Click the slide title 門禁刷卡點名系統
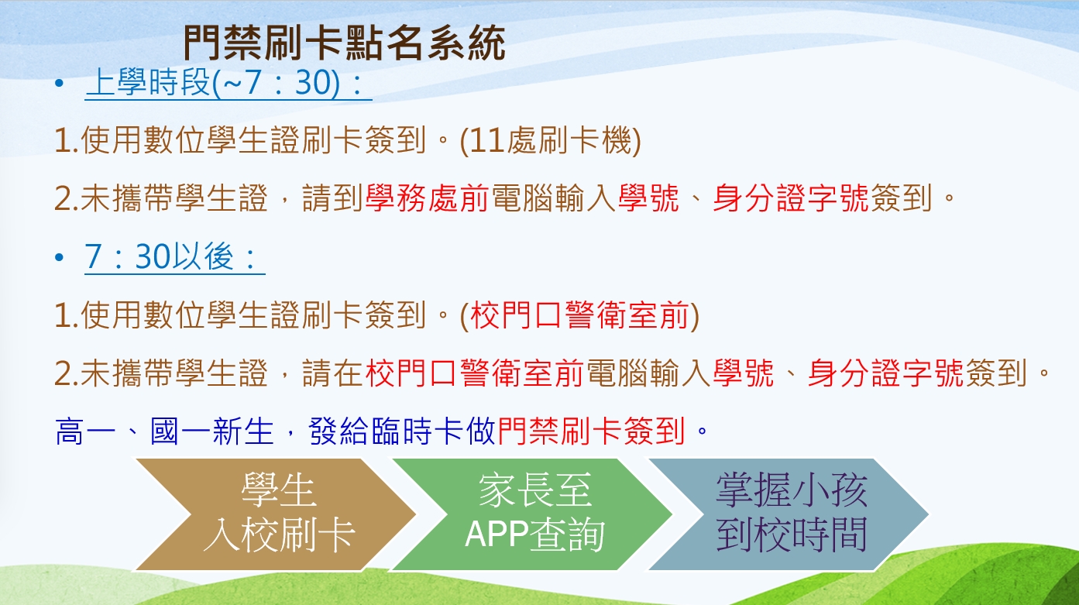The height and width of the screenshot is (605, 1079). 344,43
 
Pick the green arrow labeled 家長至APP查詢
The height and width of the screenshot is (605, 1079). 532,514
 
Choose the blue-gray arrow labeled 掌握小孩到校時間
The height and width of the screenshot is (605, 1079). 790,514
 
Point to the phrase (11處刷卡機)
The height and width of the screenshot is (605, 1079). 551,141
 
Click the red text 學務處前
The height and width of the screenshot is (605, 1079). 427,198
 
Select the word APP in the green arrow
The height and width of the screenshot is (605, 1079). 497,535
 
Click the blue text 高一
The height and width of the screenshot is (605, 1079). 86,431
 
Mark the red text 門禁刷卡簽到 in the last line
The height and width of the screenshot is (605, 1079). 591,431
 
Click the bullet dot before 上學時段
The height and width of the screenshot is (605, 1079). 59,83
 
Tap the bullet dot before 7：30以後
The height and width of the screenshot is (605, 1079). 59,258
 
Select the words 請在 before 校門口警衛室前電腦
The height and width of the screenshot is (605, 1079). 332,373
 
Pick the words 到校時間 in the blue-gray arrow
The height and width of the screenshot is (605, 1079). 792,535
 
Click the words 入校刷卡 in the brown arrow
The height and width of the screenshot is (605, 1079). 279,535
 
